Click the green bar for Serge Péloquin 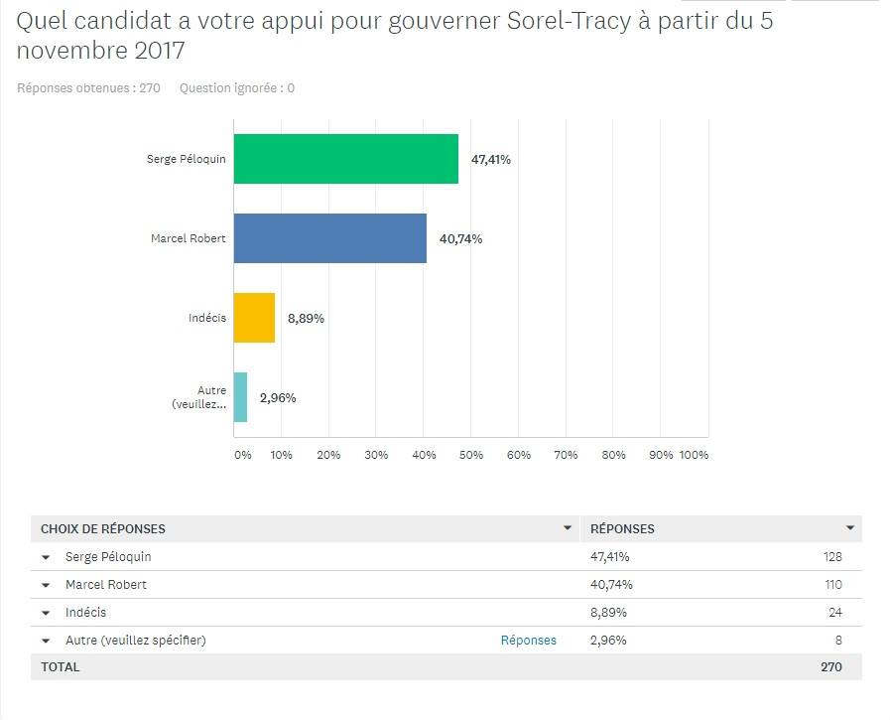[345, 159]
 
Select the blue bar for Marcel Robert [329, 238]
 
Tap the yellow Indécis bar [254, 318]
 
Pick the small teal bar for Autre [240, 397]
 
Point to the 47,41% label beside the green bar [490, 159]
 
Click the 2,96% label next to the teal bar [278, 397]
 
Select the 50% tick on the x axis [471, 455]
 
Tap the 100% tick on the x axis [694, 455]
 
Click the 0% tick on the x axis [242, 455]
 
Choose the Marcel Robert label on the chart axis [188, 238]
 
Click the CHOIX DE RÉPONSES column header [103, 528]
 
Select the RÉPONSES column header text [622, 528]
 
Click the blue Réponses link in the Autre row [529, 641]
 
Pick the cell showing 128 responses [831, 557]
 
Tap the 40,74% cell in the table [611, 585]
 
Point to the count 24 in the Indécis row [834, 613]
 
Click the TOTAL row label [61, 667]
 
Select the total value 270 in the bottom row [831, 667]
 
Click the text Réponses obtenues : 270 [88, 87]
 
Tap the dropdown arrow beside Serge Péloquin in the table [46, 557]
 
